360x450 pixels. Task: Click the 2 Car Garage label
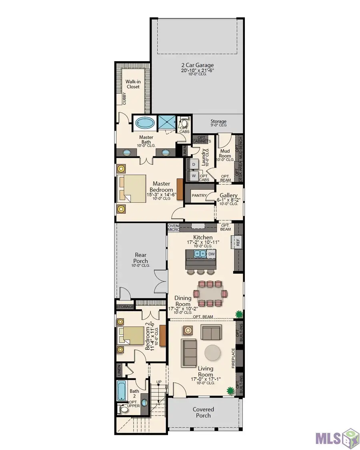click(x=197, y=65)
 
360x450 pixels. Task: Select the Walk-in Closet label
click(x=133, y=84)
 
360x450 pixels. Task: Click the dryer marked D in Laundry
click(x=194, y=164)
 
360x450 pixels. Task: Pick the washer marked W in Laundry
click(x=194, y=175)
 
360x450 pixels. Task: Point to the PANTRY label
click(x=199, y=196)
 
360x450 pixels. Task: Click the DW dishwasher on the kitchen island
click(x=211, y=254)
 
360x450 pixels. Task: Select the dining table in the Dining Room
click(x=210, y=293)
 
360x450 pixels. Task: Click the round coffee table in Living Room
click(x=213, y=352)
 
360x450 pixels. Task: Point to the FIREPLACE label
click(x=233, y=358)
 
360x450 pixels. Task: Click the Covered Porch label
click(x=203, y=412)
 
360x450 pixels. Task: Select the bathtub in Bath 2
click(x=122, y=390)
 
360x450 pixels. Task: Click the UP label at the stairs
click(x=159, y=382)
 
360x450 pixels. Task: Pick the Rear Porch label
click(x=140, y=258)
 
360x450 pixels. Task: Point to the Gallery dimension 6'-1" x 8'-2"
click(x=228, y=200)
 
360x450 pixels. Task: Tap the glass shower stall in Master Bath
click(x=167, y=123)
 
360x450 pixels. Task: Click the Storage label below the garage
click(x=218, y=121)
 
